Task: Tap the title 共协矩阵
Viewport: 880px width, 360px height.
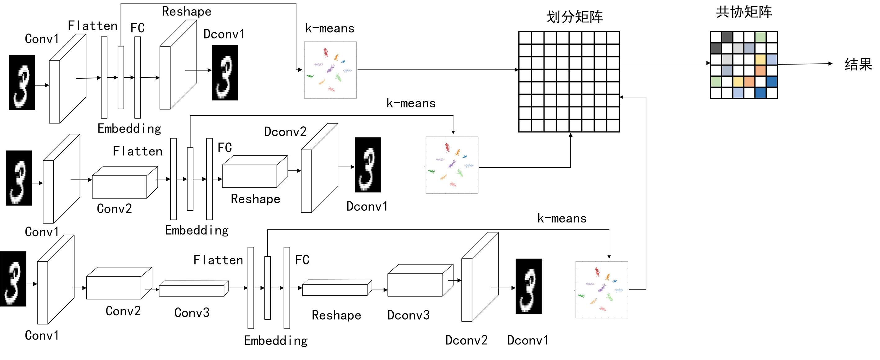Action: pyautogui.click(x=744, y=12)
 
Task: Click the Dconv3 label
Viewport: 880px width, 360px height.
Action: pyautogui.click(x=408, y=315)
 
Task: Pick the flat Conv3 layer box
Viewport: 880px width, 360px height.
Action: pyautogui.click(x=193, y=289)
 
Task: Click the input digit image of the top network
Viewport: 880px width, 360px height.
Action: pyautogui.click(x=22, y=82)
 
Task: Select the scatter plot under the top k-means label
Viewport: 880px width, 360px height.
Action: pyautogui.click(x=330, y=70)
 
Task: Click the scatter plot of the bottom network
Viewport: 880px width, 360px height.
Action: pyautogui.click(x=602, y=290)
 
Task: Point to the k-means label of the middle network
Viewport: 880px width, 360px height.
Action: pyautogui.click(x=411, y=103)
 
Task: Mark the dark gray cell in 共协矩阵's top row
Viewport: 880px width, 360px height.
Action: pyautogui.click(x=727, y=37)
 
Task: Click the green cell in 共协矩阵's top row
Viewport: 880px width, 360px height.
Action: pyautogui.click(x=760, y=37)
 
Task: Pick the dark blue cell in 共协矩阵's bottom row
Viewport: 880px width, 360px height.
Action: pyautogui.click(x=760, y=92)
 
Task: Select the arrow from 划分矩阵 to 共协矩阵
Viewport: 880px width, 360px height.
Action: pyautogui.click(x=665, y=63)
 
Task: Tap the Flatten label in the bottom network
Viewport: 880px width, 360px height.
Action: pyautogui.click(x=218, y=260)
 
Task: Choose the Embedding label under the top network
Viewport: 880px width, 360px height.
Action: pyautogui.click(x=129, y=129)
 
